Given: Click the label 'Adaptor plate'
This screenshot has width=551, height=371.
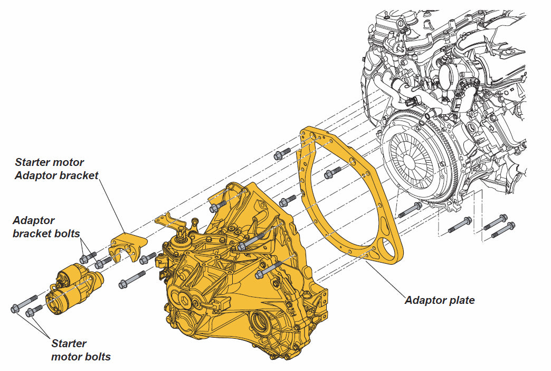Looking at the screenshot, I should [x=440, y=300].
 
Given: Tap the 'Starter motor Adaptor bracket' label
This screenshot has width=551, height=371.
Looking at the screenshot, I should [x=56, y=169].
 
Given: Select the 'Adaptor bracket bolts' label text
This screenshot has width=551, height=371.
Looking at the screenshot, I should [x=46, y=226].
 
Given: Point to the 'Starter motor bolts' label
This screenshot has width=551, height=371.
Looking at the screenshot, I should [x=81, y=350].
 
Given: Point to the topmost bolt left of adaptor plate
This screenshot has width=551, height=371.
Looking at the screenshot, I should [x=282, y=154].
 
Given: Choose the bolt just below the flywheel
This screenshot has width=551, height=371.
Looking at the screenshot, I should [x=410, y=210].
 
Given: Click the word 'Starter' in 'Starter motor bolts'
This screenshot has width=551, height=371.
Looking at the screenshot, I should [x=69, y=344].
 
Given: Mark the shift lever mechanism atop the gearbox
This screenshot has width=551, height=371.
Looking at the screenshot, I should [x=185, y=240].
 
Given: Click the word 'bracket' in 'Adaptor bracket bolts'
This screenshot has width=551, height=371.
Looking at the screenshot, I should [x=34, y=233].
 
